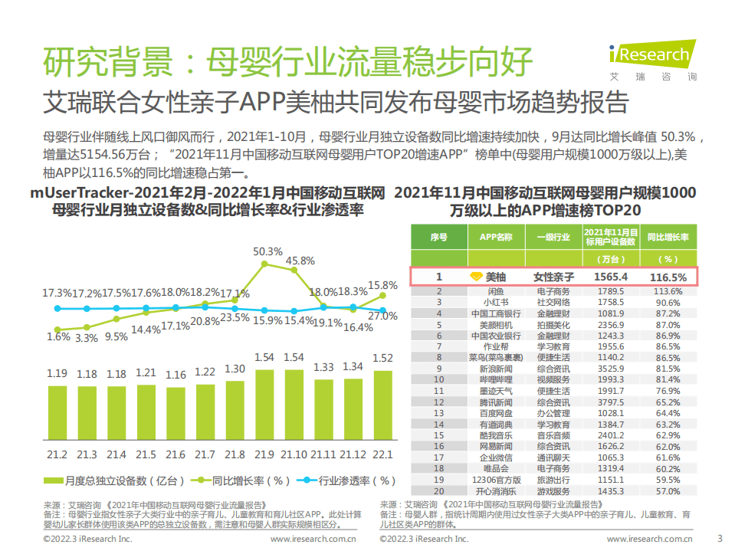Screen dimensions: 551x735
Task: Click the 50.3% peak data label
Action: click(267, 251)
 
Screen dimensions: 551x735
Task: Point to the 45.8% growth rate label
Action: click(300, 261)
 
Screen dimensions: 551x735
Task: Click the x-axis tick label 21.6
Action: click(176, 454)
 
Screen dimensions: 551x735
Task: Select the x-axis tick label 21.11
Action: click(323, 454)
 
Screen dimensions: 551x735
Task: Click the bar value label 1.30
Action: click(235, 369)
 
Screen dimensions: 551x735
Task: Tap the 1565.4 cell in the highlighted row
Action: click(610, 277)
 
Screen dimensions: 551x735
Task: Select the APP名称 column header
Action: click(496, 238)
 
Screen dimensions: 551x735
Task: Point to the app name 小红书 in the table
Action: click(496, 303)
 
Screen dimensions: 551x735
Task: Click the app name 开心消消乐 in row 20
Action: click(496, 490)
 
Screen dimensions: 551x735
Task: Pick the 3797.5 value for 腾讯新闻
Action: click(610, 402)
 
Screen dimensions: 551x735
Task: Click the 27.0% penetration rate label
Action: click(382, 316)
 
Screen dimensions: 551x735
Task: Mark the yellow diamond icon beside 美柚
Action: click(475, 277)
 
